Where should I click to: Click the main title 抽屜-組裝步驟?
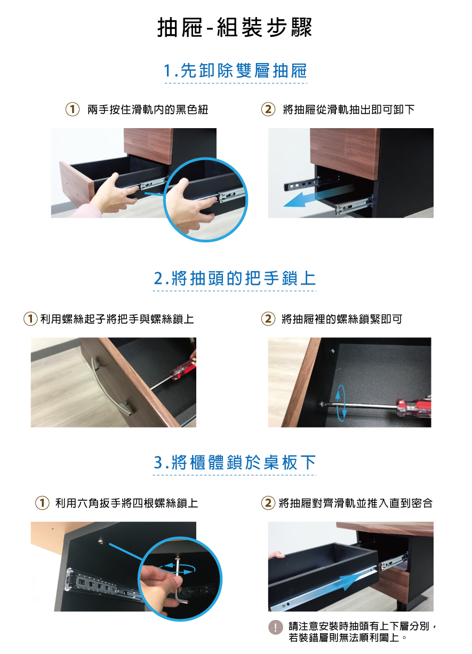tap(235, 27)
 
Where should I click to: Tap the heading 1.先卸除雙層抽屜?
tap(235, 70)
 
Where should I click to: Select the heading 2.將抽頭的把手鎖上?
tap(235, 278)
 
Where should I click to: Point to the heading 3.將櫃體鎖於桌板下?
tap(235, 462)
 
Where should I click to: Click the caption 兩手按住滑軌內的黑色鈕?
tap(148, 109)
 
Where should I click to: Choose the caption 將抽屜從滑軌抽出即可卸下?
tap(348, 109)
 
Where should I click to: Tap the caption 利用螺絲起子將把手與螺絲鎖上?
tap(117, 319)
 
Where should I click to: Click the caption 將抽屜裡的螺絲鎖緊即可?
tap(342, 319)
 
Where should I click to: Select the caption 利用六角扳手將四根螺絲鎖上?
tap(126, 503)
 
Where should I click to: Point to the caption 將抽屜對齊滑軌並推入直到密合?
tap(356, 503)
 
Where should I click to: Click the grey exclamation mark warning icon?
tap(275, 627)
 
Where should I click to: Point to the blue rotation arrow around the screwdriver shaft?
tap(341, 403)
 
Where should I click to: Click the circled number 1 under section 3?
tap(42, 503)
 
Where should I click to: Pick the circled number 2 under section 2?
tap(268, 319)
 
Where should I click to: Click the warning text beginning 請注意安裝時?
tap(362, 632)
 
